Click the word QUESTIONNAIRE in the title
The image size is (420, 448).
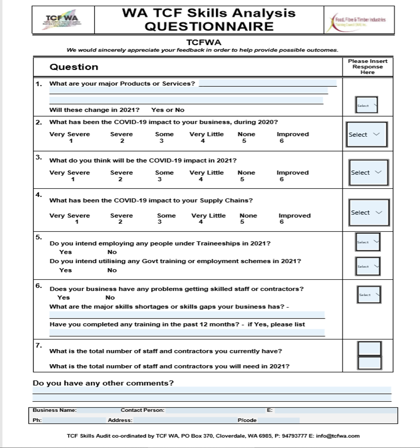click(209, 26)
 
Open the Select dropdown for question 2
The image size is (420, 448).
click(367, 135)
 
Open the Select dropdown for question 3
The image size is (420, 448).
click(369, 172)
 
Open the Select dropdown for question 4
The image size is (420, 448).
click(369, 213)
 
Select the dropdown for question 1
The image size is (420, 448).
click(366, 105)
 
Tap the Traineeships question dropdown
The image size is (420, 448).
click(368, 242)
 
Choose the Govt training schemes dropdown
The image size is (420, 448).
click(368, 266)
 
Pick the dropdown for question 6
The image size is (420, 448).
click(369, 294)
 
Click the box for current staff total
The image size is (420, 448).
click(369, 348)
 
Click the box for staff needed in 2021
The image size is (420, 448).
click(369, 363)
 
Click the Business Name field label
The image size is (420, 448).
click(55, 411)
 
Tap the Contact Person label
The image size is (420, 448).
click(142, 411)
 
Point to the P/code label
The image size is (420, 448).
click(247, 420)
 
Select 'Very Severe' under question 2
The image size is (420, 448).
click(70, 134)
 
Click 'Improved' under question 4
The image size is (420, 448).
click(294, 215)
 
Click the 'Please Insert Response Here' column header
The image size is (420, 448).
click(368, 67)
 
